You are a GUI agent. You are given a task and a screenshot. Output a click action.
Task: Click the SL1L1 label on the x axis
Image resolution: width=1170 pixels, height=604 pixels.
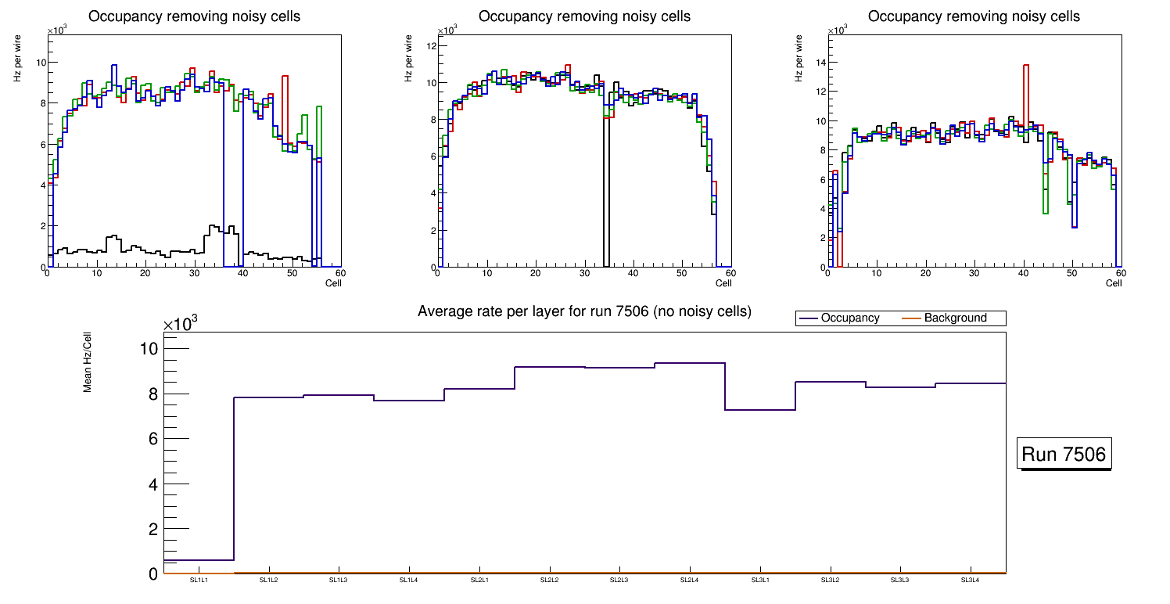click(x=199, y=580)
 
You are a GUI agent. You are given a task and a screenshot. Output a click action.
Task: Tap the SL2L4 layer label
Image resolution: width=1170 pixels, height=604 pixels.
click(x=690, y=580)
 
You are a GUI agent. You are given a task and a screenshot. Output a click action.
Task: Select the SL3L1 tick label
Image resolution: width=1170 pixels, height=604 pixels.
click(x=760, y=580)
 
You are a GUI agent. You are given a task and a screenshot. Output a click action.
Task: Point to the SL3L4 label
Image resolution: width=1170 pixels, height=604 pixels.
click(x=971, y=580)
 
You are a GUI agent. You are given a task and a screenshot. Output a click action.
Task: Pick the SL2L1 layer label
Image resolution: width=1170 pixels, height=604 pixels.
click(x=479, y=580)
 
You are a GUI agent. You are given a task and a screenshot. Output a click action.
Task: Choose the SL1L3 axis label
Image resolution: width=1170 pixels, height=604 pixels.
click(x=339, y=580)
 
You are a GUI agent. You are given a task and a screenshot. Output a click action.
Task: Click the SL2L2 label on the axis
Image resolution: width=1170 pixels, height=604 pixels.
click(x=550, y=580)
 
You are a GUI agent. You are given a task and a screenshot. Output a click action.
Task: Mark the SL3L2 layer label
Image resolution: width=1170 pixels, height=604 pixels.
click(x=831, y=580)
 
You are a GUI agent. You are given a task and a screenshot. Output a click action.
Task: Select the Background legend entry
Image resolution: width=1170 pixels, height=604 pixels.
click(x=955, y=318)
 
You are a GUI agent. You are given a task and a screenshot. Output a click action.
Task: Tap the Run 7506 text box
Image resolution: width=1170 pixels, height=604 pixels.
click(x=1064, y=455)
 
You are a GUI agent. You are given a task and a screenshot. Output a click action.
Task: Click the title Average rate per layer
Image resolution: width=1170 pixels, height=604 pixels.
click(x=584, y=311)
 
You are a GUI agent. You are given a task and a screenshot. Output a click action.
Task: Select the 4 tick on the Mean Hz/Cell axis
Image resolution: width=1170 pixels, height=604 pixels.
click(x=153, y=484)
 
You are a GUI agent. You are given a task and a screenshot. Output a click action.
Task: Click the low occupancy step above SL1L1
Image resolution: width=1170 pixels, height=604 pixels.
click(x=199, y=560)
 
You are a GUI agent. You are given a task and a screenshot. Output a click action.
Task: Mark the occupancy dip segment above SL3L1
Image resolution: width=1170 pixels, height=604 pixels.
click(x=760, y=410)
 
